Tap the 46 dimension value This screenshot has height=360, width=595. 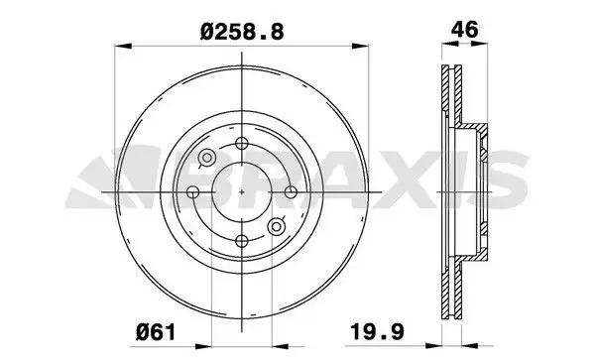(x=465, y=30)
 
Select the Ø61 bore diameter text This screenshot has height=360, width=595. (x=156, y=332)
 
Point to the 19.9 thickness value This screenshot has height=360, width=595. (x=377, y=332)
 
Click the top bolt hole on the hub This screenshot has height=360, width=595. (x=242, y=144)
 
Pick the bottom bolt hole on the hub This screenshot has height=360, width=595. (x=242, y=241)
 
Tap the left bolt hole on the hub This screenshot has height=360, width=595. (x=193, y=192)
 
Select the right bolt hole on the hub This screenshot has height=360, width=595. (x=291, y=192)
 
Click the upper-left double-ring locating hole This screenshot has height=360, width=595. (x=207, y=157)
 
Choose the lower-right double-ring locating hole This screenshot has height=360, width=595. (x=277, y=227)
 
